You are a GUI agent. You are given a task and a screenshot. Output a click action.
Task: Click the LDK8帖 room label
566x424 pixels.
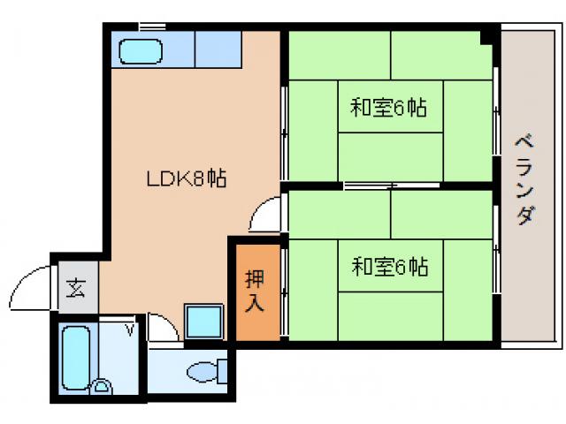point(187,178)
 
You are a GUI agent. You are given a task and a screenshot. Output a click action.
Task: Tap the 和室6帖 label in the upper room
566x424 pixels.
point(389,109)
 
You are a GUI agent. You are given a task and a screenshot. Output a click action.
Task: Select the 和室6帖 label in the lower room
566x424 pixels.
point(389,265)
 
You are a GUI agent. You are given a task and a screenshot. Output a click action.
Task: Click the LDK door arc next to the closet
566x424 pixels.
point(264,215)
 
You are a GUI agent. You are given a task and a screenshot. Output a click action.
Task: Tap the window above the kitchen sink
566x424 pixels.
point(153,26)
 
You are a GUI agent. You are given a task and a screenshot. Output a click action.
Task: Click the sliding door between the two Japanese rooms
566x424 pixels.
point(371,185)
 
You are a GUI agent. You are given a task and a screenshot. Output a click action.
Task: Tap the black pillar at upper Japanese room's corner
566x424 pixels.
point(486,36)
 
